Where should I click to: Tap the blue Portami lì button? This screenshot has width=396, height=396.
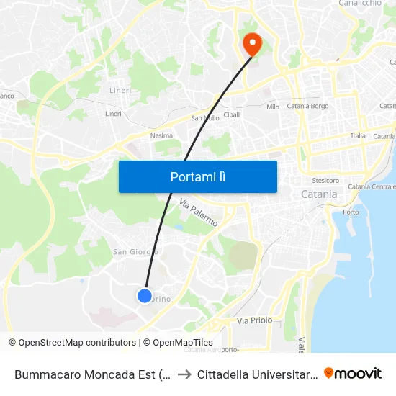(197, 176)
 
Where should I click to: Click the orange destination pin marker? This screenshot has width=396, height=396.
(252, 44)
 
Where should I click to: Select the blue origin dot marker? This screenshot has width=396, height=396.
(145, 295)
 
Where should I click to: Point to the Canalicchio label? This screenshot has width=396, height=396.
(360, 4)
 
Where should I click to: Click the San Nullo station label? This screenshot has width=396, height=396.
(204, 118)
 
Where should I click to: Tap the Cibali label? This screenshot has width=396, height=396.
(232, 114)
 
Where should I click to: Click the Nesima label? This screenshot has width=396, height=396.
(161, 135)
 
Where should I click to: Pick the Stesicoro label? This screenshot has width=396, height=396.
(325, 180)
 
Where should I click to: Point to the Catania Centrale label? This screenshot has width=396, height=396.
(372, 187)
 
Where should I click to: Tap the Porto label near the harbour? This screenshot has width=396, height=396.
(351, 212)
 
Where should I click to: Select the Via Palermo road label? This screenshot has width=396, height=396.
(198, 214)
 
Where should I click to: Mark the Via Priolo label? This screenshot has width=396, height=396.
(255, 320)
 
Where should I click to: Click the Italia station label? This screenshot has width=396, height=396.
(358, 135)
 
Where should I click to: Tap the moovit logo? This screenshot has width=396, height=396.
(353, 373)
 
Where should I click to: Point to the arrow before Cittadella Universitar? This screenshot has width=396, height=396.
(185, 374)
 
